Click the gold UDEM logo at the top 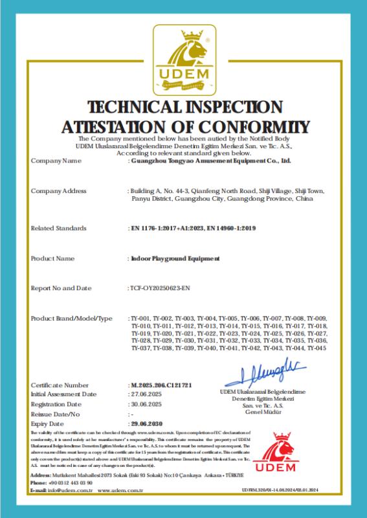click(x=183, y=60)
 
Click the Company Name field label click(x=56, y=161)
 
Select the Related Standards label click(x=58, y=229)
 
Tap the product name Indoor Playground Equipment click(x=175, y=258)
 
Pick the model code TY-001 click(x=140, y=318)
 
